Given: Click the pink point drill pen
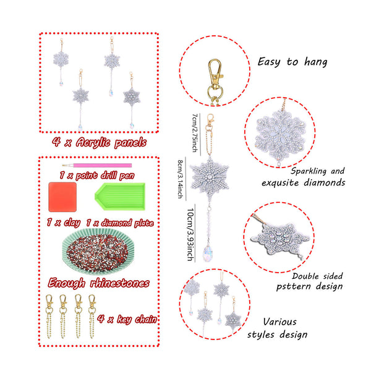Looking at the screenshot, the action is tap(97, 165).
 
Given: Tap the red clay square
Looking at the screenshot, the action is tap(62, 197).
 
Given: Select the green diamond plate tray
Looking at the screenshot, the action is tap(120, 197).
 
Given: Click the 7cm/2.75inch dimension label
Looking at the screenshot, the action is tap(195, 132).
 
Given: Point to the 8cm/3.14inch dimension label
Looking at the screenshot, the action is tap(181, 179).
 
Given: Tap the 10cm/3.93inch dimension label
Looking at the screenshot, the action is tap(190, 234).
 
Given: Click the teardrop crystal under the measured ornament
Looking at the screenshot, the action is tap(208, 254).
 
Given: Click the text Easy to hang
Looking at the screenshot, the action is tap(292, 62).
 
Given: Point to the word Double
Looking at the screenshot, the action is tap(305, 276).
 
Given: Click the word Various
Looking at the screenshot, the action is tap(279, 322).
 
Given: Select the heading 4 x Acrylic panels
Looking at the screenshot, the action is tap(100, 142).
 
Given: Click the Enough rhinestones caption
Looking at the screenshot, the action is tap(99, 283).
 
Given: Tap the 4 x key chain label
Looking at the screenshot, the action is tap(127, 319).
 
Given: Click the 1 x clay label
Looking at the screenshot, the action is tap(64, 223).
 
